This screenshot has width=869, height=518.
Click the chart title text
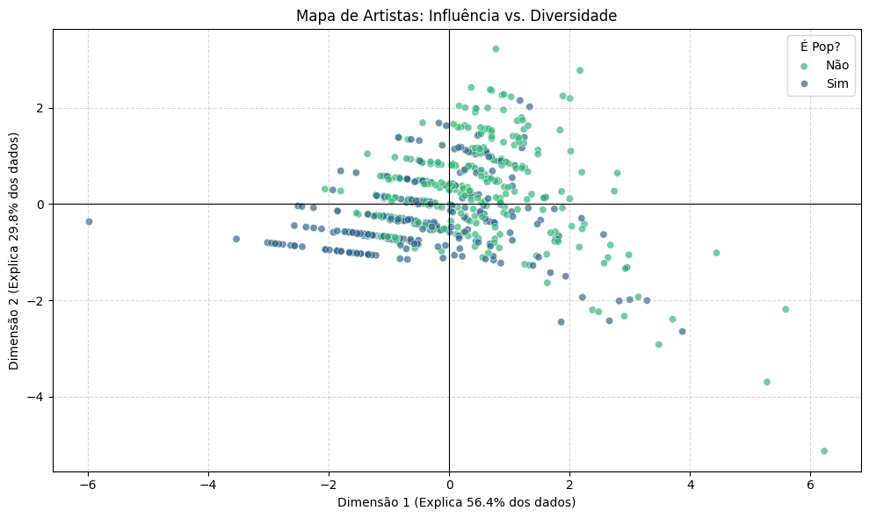pos(456,15)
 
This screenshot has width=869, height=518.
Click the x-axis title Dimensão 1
pos(456,502)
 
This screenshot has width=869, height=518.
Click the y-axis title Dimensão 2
pos(14,251)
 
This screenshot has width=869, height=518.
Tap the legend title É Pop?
pos(818,47)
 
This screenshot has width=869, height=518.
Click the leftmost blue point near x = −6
pos(89,221)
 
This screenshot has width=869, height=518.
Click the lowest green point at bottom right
pos(824,451)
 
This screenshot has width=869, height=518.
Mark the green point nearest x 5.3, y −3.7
pos(767,382)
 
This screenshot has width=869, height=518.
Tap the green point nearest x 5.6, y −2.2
pos(786,309)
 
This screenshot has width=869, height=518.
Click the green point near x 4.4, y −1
pos(716,253)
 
